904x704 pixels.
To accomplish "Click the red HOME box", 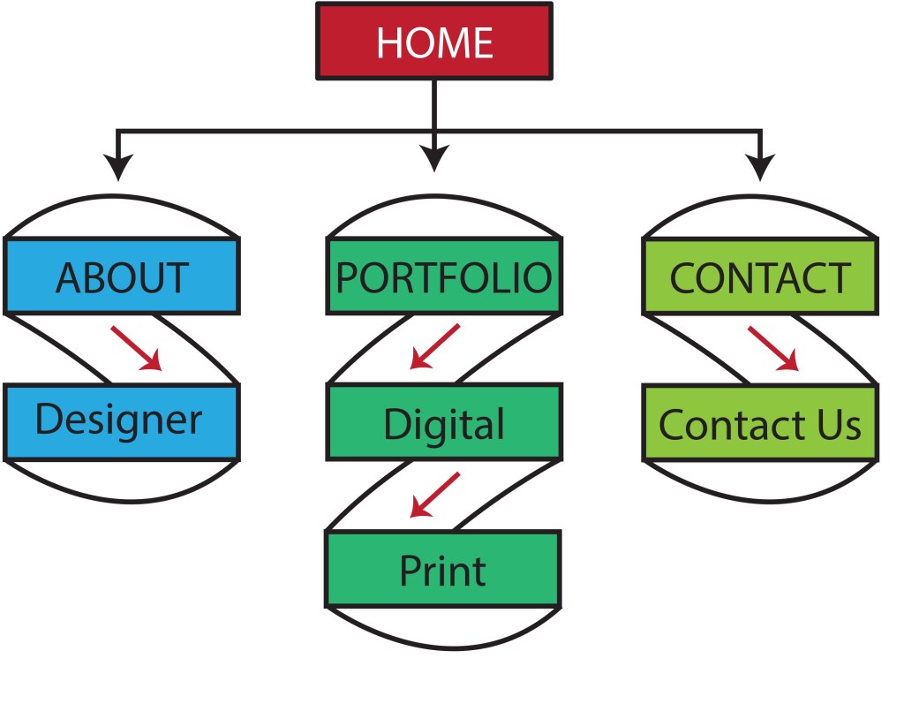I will point(433,41).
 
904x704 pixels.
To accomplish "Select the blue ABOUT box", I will point(122,276).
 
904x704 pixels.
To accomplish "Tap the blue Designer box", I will point(122,421).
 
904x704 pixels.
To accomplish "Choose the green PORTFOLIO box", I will point(443,276).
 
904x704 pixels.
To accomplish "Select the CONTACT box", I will point(759,276).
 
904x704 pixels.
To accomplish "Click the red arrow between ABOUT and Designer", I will point(137,348).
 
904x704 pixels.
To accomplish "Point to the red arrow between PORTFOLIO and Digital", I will point(436,345).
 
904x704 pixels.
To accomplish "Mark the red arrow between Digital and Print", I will point(436,494).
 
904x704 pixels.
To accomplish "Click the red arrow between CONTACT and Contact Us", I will point(773,348).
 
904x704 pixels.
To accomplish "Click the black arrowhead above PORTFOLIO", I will point(433,159).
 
